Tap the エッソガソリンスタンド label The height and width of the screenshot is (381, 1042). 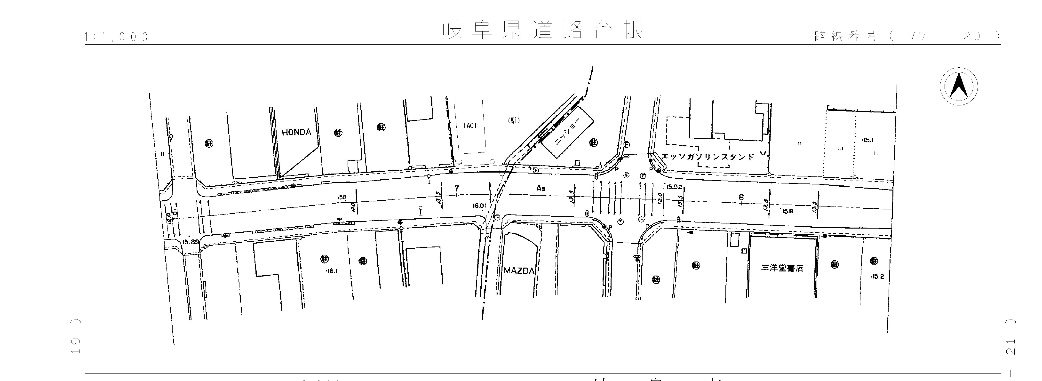pos(708,157)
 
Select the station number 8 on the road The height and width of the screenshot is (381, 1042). pos(741,197)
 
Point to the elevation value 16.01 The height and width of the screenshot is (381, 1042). pos(479,206)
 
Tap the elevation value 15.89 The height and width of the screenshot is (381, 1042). pos(191,242)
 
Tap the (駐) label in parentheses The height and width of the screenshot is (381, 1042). pos(514,120)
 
